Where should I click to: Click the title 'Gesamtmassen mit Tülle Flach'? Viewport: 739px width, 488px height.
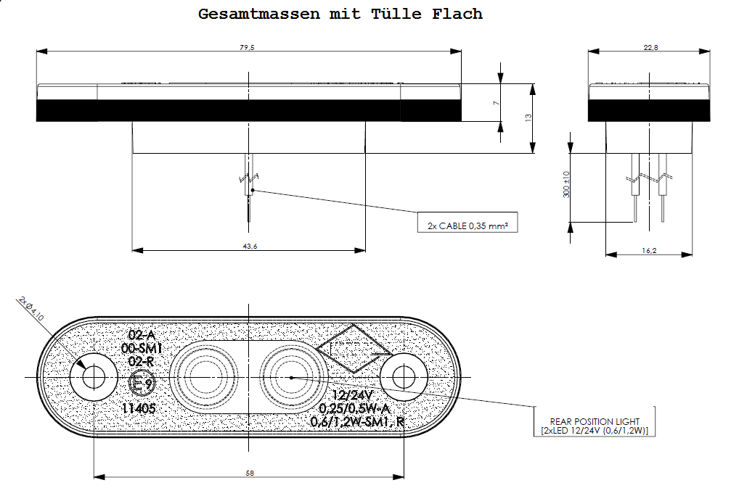(x=340, y=15)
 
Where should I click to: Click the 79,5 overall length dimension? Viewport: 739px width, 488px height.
(x=247, y=48)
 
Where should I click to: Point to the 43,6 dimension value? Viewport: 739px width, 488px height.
(x=249, y=247)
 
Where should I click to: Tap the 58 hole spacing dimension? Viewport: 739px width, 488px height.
(x=249, y=473)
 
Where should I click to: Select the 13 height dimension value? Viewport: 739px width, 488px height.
(x=528, y=117)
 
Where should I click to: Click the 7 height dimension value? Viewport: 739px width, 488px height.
(x=496, y=104)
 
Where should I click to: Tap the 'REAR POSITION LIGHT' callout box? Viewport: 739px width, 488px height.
(x=595, y=426)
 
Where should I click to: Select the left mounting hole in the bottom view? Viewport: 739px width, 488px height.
(x=94, y=377)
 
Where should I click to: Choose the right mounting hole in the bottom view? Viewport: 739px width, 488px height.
(x=404, y=377)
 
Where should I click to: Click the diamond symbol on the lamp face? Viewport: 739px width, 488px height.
(x=352, y=348)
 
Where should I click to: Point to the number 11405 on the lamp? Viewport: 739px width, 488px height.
(x=139, y=408)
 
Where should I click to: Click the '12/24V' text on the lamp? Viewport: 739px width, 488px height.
(x=351, y=395)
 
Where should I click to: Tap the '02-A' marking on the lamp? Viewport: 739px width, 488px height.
(x=142, y=335)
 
